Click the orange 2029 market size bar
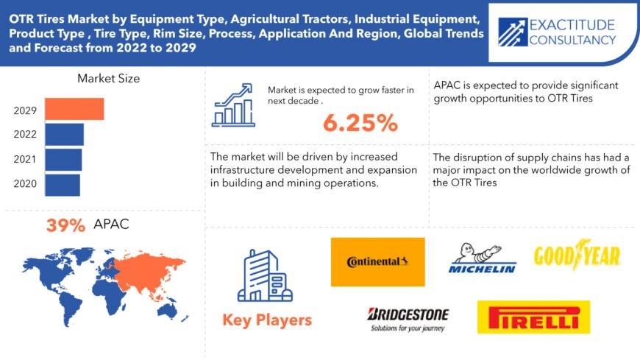(74, 109)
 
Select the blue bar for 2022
(64, 135)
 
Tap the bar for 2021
(63, 160)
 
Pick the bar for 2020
(63, 185)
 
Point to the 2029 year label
(25, 110)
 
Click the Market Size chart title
(109, 79)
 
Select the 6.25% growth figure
(360, 123)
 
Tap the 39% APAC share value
(65, 225)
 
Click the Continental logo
(377, 262)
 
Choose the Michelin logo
(482, 258)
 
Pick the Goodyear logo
(577, 255)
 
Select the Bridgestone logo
(408, 320)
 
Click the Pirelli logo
(533, 317)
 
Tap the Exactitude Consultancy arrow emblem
(513, 32)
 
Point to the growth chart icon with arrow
(233, 105)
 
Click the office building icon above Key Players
(265, 275)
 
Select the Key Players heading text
(267, 320)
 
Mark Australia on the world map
(166, 311)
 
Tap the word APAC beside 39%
(111, 224)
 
